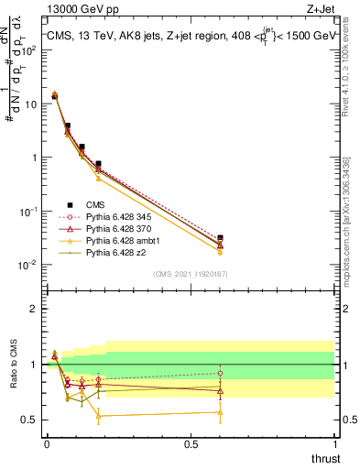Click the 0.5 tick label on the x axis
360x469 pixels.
(x=191, y=443)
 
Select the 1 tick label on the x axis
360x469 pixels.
(x=335, y=443)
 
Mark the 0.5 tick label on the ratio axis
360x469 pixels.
(x=31, y=420)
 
